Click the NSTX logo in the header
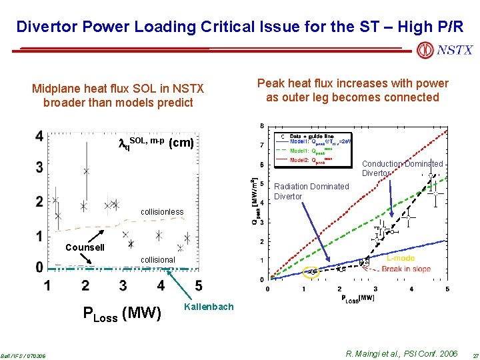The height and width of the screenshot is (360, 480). click(445, 50)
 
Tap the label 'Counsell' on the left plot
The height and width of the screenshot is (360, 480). click(85, 247)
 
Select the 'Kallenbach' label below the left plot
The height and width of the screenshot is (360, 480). click(208, 307)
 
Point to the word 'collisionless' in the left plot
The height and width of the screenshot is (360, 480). click(161, 212)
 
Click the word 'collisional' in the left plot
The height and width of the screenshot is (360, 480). click(157, 260)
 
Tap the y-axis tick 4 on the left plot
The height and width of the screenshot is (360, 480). click(40, 137)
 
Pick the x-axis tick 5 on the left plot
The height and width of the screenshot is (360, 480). click(199, 285)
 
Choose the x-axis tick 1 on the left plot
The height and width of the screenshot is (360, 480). click(47, 285)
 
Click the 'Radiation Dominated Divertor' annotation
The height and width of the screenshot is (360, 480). click(311, 191)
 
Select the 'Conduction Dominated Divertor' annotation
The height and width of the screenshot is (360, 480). click(402, 168)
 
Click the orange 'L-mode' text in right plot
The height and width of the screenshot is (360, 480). click(400, 258)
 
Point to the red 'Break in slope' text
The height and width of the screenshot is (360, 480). click(406, 269)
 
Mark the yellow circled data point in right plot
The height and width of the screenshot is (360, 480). click(311, 271)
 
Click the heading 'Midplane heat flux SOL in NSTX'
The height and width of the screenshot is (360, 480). click(118, 89)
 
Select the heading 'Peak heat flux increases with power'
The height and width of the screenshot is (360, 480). click(353, 83)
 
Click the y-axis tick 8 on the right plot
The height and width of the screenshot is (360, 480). click(261, 126)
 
